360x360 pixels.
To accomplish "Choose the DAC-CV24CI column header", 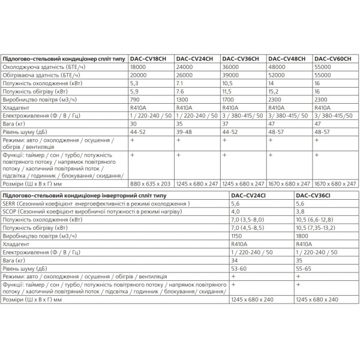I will coord(252,196).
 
